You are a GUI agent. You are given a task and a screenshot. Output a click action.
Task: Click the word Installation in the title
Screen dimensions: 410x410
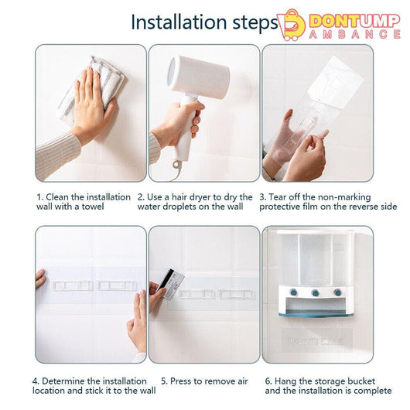coord(179,22)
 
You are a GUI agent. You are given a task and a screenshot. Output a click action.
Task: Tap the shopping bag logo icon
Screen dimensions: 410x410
coord(291,25)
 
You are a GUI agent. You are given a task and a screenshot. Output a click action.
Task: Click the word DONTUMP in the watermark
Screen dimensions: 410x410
coord(354,21)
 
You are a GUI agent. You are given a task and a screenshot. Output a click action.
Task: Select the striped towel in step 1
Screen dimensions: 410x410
coord(92,89)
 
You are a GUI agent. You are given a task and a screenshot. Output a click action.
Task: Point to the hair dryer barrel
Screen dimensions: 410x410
coord(199,74)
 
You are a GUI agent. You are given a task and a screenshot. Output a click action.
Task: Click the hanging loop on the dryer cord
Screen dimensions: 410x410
coord(177,165)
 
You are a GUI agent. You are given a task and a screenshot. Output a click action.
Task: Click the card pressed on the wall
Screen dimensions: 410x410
coord(171,284)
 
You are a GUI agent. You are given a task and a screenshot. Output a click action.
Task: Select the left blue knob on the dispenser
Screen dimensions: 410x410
coord(295,292)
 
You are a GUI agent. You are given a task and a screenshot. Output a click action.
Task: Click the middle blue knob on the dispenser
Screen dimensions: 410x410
coord(316,292)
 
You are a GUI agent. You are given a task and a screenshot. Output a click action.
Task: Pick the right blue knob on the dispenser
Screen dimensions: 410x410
coord(337,292)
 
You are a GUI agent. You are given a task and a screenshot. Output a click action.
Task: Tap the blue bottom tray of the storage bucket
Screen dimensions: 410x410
coord(317,313)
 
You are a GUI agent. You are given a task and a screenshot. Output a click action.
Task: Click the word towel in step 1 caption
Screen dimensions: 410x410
coord(93,207)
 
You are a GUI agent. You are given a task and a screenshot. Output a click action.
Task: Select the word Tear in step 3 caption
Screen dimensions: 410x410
coord(277,197)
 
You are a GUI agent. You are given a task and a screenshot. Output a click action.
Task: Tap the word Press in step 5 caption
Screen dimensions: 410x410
coord(179,381)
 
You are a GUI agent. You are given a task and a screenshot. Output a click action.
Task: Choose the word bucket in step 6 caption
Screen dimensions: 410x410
coord(360,381)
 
